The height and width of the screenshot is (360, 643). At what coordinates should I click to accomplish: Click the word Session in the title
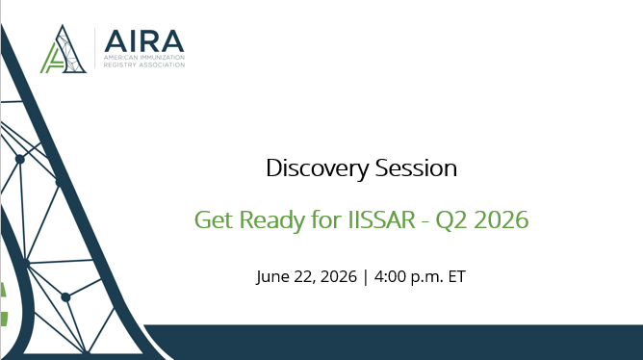pyautogui.click(x=416, y=168)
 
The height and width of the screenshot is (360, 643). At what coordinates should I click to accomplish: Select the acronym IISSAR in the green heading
pyautogui.click(x=381, y=219)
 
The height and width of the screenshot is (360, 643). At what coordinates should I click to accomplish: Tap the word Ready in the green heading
pyautogui.click(x=272, y=220)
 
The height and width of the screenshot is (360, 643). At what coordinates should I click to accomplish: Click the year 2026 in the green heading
pyautogui.click(x=502, y=219)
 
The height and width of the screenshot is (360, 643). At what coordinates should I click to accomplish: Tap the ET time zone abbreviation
pyautogui.click(x=457, y=276)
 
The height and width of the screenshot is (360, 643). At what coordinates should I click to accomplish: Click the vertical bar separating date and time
pyautogui.click(x=366, y=277)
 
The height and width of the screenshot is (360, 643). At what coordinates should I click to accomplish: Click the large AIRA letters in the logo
pyautogui.click(x=144, y=41)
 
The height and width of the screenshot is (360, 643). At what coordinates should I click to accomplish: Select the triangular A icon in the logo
pyautogui.click(x=64, y=49)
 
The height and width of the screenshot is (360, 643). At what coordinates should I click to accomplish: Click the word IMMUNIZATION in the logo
pyautogui.click(x=163, y=58)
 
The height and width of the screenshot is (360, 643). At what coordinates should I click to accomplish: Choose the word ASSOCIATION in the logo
pyautogui.click(x=161, y=64)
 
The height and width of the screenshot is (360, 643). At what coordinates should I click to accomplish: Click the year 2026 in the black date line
pyautogui.click(x=338, y=276)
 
